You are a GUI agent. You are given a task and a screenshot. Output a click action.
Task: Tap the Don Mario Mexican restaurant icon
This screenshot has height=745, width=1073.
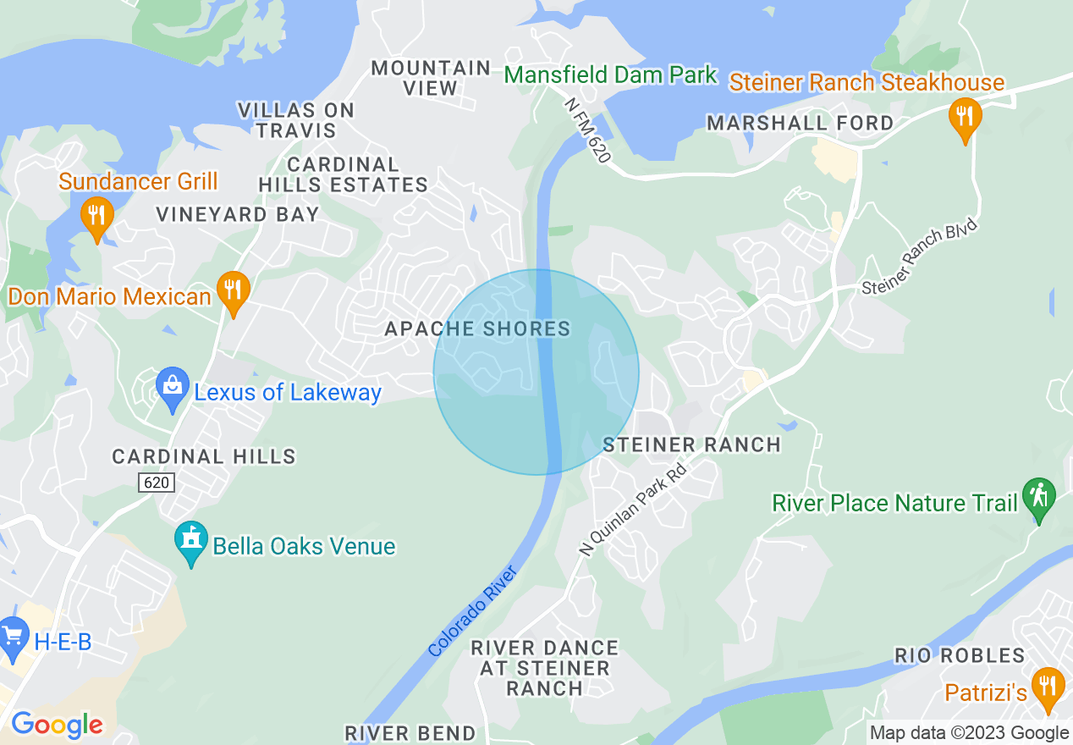[x=231, y=290]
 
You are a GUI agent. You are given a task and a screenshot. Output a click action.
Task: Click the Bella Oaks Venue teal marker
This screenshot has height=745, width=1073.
[x=191, y=543]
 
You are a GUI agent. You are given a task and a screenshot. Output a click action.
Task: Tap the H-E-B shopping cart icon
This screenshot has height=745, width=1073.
[x=14, y=638]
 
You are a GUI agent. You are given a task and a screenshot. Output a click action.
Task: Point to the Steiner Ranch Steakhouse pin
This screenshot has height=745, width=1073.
[x=963, y=118]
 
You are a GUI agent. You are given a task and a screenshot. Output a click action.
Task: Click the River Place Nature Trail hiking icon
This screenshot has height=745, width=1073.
[x=1038, y=499]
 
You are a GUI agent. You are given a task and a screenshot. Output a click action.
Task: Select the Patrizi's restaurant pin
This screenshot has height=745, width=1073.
[x=1048, y=687]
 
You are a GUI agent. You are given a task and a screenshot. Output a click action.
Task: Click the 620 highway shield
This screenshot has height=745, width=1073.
[x=157, y=483]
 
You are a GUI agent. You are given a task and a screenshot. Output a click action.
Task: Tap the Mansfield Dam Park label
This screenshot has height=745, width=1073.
[x=610, y=75]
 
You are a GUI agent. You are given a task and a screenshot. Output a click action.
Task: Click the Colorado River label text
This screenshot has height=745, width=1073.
[x=473, y=611]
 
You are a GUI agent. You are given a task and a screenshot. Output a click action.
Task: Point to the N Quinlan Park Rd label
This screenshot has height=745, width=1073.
[x=631, y=513]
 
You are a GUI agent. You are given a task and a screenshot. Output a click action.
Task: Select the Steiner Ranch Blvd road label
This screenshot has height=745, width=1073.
[x=919, y=257]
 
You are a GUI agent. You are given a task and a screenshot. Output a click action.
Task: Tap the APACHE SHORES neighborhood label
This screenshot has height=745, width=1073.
[x=477, y=328]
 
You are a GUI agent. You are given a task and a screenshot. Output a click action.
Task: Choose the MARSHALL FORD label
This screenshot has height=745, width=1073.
[x=800, y=123]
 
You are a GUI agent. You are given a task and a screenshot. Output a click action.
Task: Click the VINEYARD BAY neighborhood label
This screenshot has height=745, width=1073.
[x=237, y=214]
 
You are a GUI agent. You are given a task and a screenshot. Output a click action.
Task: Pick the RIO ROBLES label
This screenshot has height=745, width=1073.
[x=960, y=655]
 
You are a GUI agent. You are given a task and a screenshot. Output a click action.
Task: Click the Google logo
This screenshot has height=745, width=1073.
[x=57, y=725]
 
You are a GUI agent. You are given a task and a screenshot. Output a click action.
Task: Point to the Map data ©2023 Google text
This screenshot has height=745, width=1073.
[x=969, y=732]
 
